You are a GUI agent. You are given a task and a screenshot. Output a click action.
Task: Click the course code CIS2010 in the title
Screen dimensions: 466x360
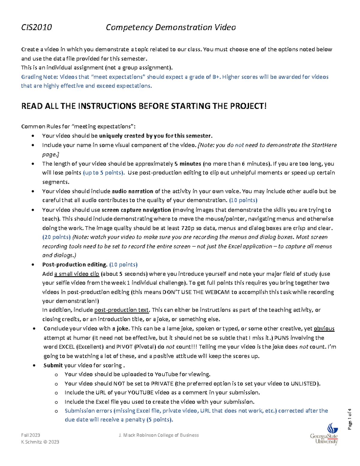(x=36, y=28)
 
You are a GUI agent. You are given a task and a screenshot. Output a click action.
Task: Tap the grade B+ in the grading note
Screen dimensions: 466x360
(x=216, y=77)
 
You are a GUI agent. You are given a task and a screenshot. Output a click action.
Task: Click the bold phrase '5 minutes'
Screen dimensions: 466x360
(x=188, y=164)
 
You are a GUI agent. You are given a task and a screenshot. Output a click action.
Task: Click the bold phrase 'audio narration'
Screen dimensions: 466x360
(x=132, y=191)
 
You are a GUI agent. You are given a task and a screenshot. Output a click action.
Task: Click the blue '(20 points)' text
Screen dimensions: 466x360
(x=56, y=237)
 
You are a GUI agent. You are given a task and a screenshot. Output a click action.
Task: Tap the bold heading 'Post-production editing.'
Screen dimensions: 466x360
(x=75, y=264)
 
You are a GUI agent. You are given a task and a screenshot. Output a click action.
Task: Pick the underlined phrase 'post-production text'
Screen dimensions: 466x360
(x=121, y=310)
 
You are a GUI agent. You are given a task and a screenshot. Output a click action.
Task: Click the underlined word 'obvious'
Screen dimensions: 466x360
(x=324, y=329)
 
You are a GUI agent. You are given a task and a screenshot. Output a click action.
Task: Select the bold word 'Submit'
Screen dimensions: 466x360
(x=53, y=365)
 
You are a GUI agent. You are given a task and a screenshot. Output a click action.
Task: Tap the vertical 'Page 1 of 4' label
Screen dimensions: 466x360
(x=349, y=419)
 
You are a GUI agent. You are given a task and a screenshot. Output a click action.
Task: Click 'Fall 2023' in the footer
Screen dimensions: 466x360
(x=31, y=435)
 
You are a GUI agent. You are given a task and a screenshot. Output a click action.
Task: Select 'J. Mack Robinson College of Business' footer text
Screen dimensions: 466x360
(x=159, y=435)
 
